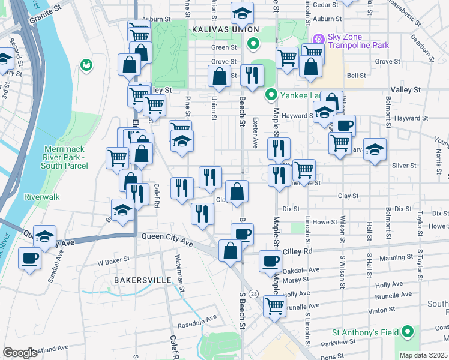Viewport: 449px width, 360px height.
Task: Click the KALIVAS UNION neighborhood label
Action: (x=225, y=29)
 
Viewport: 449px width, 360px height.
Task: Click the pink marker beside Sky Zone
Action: (x=318, y=37)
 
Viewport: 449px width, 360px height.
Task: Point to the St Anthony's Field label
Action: (x=366, y=332)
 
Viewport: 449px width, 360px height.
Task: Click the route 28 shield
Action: (x=255, y=293)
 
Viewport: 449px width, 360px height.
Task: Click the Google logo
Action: (x=20, y=353)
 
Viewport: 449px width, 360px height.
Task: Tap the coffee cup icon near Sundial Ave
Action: (x=30, y=259)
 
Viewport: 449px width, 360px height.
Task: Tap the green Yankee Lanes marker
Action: (x=271, y=94)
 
